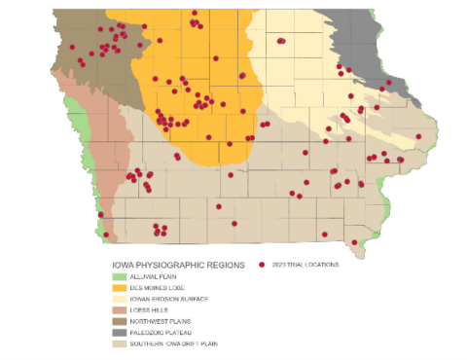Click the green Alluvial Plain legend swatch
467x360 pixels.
121,276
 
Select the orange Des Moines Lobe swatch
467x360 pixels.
121,288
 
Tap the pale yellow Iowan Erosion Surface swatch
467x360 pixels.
121,299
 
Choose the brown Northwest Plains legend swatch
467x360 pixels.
121,321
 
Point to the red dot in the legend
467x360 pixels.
263,265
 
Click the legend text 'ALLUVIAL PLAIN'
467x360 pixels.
157,277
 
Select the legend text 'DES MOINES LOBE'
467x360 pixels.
160,288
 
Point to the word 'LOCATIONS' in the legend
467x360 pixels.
321,265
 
